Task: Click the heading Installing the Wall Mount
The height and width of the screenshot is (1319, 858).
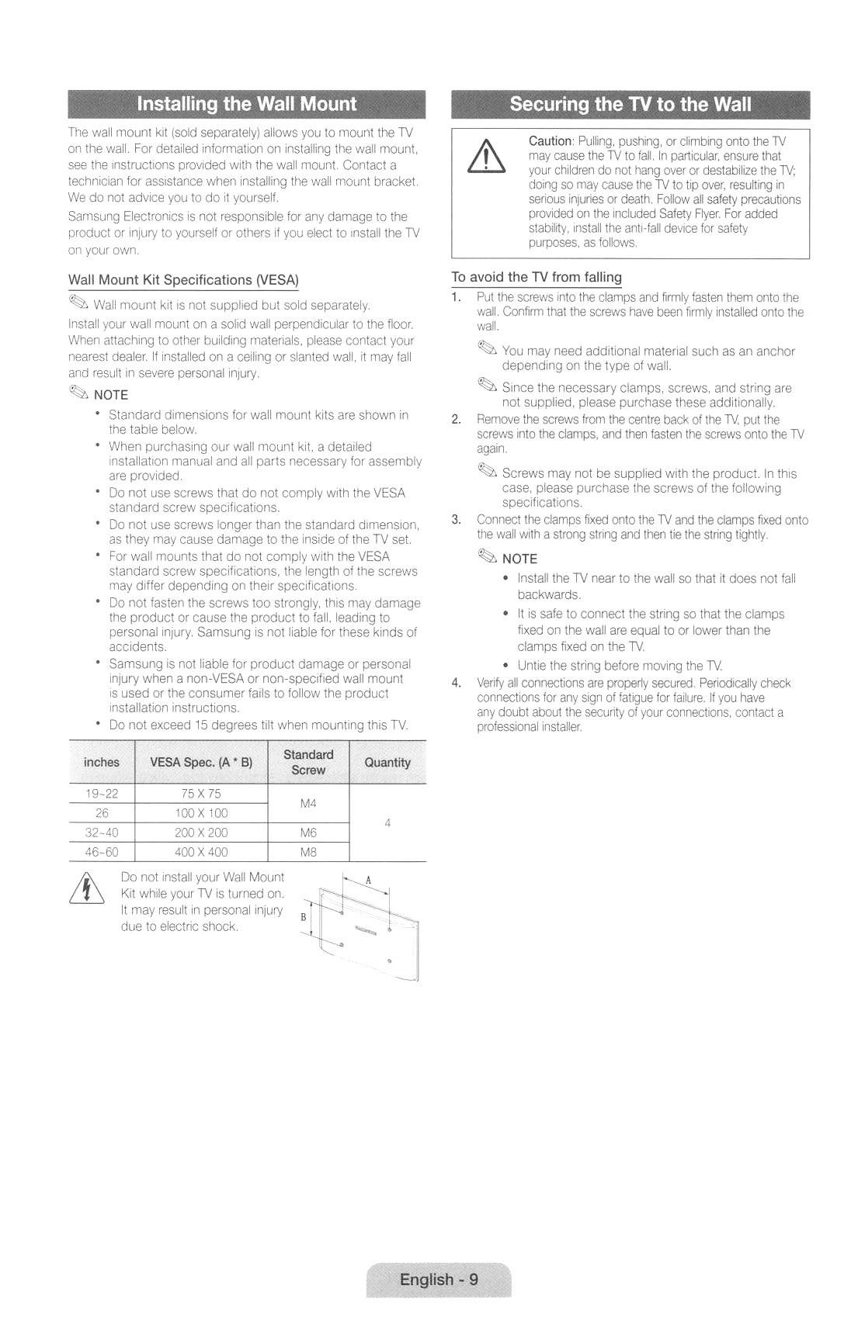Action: click(x=246, y=104)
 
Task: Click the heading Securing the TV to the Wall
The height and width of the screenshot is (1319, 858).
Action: click(x=630, y=104)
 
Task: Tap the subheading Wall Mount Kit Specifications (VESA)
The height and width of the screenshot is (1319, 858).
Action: click(x=183, y=279)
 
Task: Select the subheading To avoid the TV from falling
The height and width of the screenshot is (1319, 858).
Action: click(x=537, y=277)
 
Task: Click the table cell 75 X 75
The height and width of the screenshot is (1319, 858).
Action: click(x=201, y=794)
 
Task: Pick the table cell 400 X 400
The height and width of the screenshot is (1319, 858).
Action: click(x=201, y=852)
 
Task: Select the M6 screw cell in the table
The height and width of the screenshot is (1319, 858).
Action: click(x=308, y=833)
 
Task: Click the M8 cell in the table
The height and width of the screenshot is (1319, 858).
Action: click(x=308, y=852)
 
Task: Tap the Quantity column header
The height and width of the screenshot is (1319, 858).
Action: click(x=387, y=763)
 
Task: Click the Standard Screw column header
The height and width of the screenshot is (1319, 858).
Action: click(x=308, y=762)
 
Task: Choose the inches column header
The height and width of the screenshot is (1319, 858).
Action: click(x=102, y=763)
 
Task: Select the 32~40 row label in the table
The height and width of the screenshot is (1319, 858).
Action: click(x=102, y=833)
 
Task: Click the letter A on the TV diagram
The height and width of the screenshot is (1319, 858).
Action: click(x=369, y=880)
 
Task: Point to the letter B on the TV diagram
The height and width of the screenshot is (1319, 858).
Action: click(x=304, y=917)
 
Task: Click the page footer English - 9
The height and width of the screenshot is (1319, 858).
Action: click(x=439, y=1279)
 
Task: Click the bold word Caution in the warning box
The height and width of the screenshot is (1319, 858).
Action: click(x=550, y=141)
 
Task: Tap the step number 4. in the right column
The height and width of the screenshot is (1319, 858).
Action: click(x=457, y=683)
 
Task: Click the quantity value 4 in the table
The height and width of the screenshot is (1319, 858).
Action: click(x=387, y=822)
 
